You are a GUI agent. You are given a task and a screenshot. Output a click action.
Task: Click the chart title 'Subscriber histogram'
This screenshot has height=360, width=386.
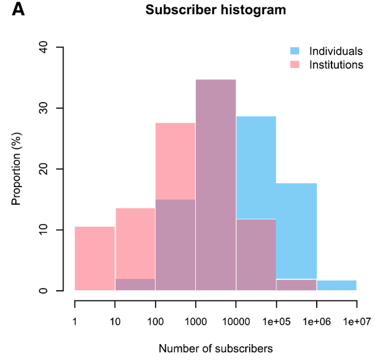(216, 10)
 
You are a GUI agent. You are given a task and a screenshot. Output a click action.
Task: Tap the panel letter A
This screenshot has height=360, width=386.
(18, 10)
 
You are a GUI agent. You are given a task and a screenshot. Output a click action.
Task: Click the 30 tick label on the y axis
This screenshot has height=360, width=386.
(43, 108)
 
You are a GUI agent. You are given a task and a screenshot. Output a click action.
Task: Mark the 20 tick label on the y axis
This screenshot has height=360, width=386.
(43, 169)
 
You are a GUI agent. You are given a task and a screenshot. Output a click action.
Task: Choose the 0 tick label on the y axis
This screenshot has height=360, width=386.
(43, 291)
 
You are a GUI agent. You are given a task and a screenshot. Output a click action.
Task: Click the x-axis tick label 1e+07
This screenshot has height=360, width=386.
(356, 321)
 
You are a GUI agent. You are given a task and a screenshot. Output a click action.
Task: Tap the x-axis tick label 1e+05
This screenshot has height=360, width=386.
(276, 321)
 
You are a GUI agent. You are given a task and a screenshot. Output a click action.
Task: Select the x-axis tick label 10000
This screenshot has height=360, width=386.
(236, 321)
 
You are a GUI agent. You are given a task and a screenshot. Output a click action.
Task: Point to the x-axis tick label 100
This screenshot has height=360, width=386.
(155, 321)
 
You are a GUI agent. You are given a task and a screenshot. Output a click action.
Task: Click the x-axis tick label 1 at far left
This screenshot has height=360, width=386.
(75, 321)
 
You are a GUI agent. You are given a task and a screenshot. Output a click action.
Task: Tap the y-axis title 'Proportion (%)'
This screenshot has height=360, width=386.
(16, 169)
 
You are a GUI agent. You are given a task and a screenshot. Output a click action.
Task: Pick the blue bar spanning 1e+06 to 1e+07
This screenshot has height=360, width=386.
(336, 285)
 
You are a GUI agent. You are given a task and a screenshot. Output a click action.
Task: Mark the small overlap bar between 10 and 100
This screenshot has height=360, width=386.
(135, 285)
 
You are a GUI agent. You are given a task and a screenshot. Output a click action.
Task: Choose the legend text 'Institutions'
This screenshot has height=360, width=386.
(336, 65)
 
